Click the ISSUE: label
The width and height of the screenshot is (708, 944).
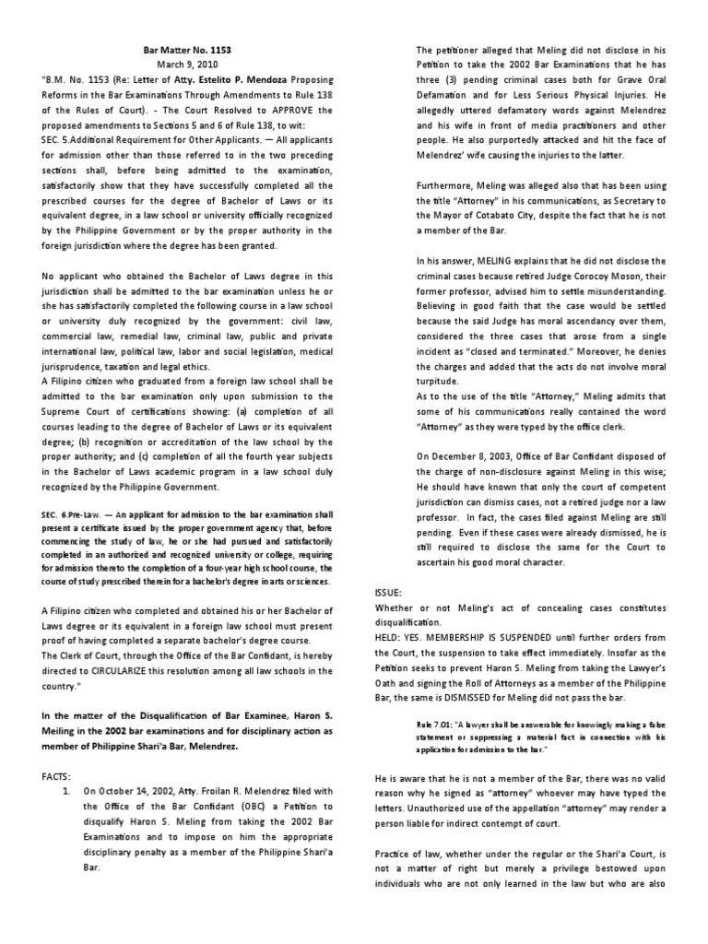[391, 591]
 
